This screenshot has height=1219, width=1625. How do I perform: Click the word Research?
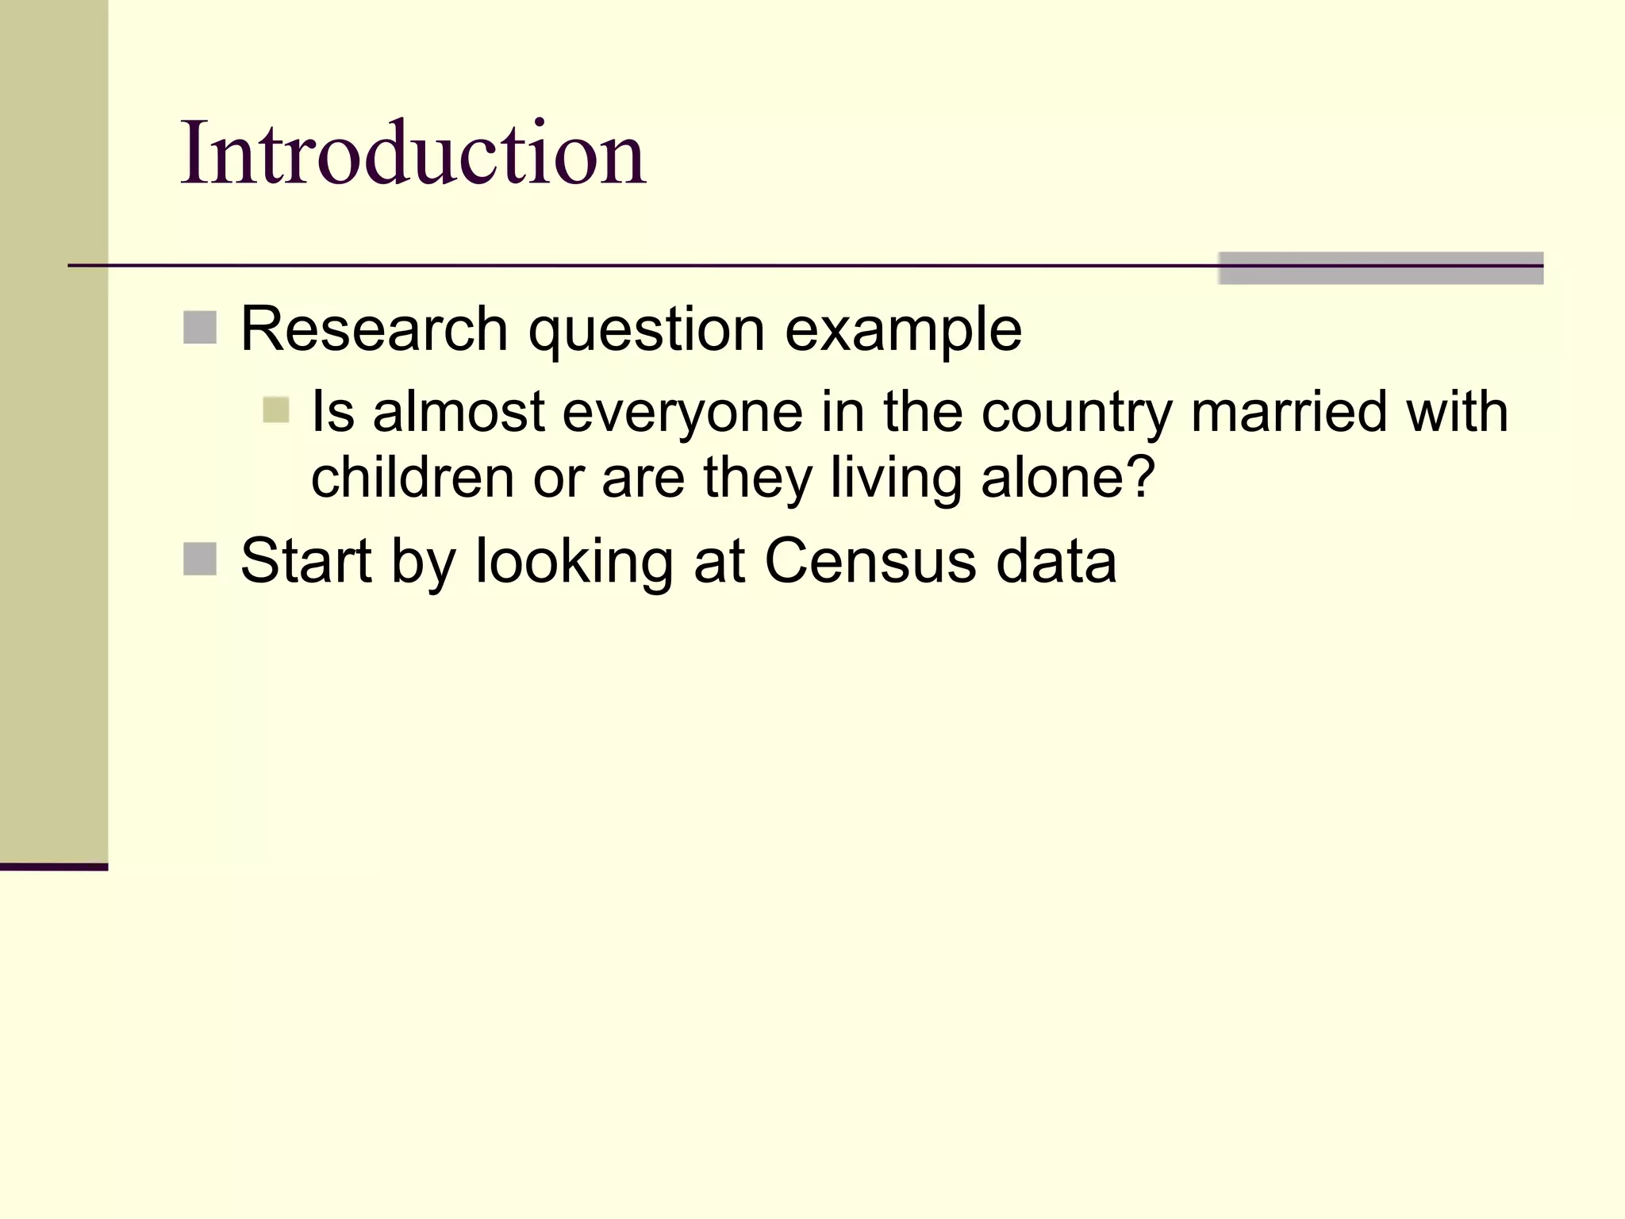[374, 329]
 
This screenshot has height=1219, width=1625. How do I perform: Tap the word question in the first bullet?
[646, 330]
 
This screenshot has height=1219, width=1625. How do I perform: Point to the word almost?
[459, 412]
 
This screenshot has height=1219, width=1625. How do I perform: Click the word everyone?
[682, 413]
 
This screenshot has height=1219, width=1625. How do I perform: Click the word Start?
[306, 561]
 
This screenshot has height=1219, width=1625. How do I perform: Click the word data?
[1056, 561]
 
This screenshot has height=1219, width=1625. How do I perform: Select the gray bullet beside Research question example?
[200, 328]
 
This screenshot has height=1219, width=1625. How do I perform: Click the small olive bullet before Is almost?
[276, 410]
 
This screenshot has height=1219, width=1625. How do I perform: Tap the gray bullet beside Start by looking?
[200, 559]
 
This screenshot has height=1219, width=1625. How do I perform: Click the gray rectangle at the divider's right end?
[1380, 268]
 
